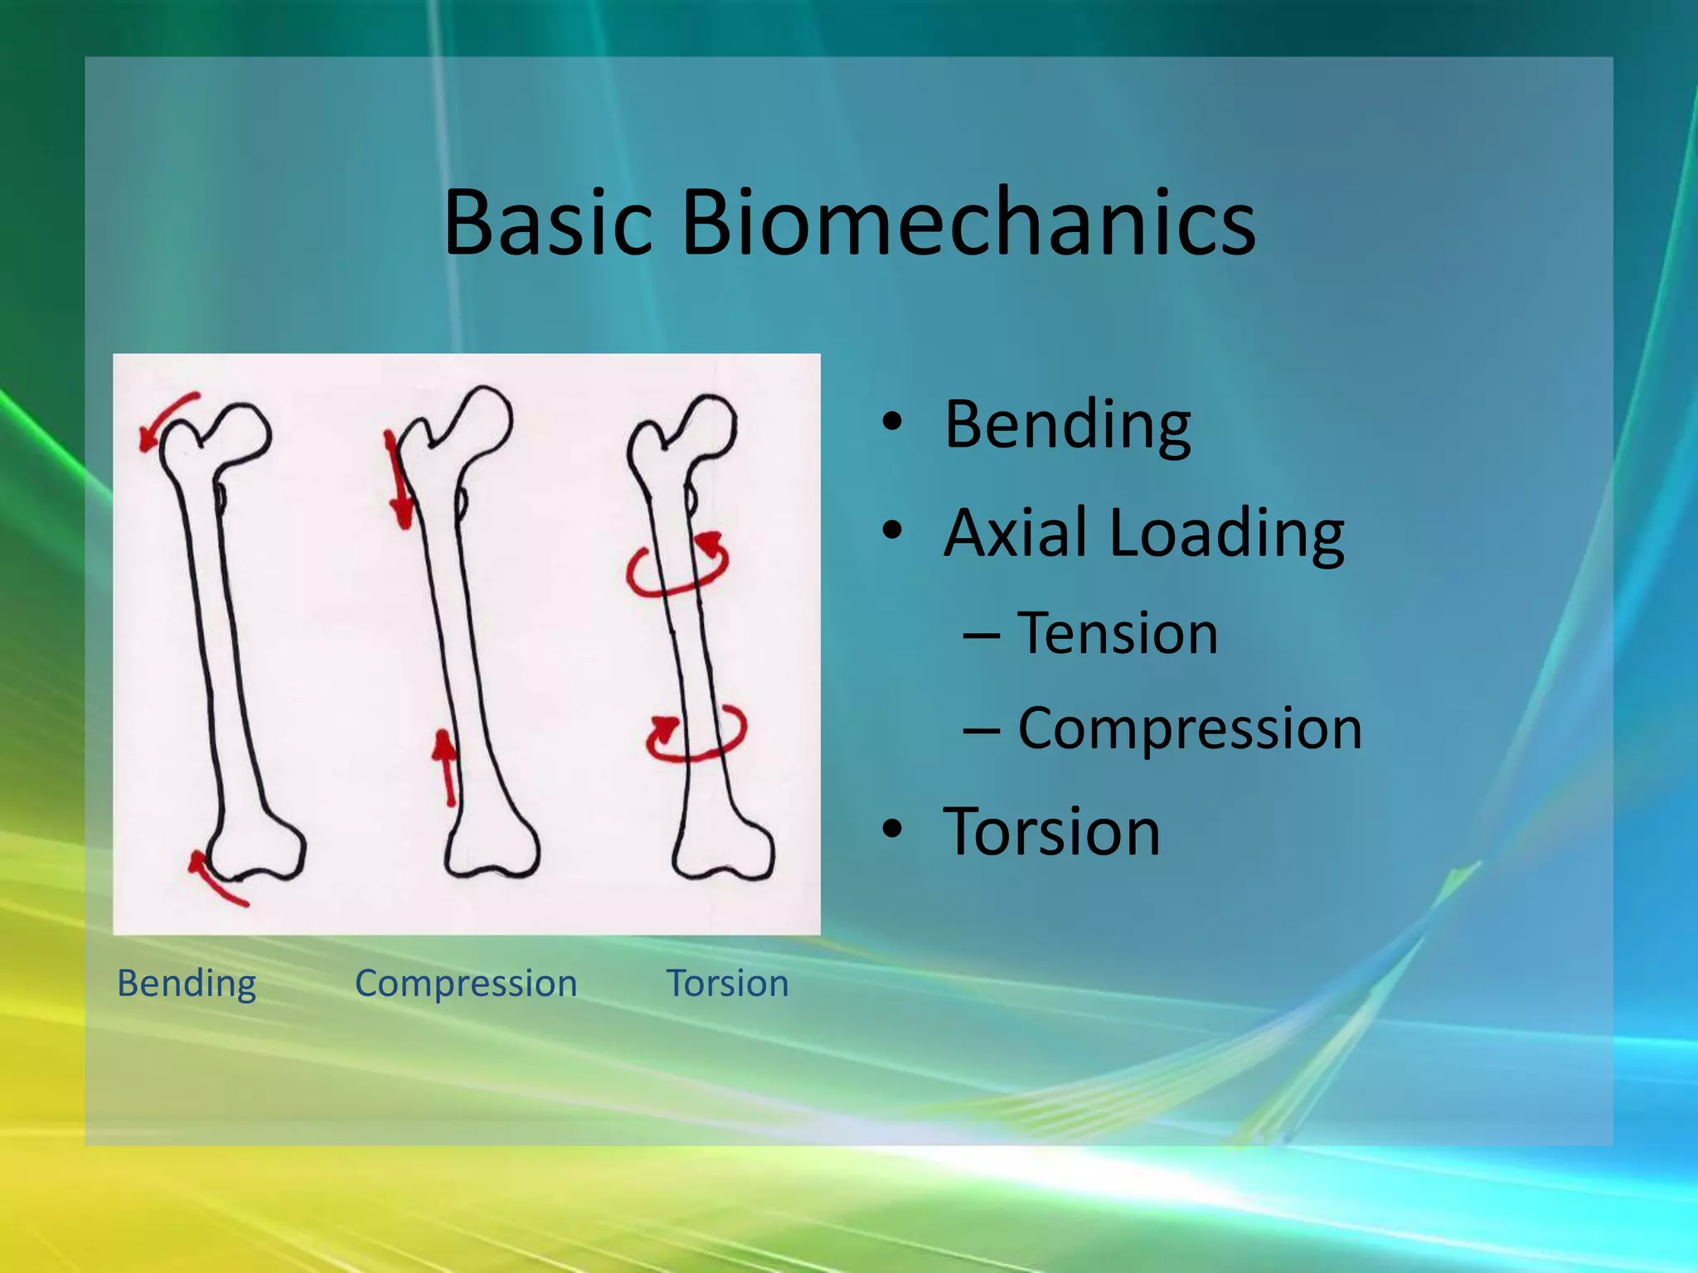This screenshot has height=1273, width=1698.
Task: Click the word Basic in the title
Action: (548, 222)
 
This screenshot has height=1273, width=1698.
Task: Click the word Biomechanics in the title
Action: (968, 222)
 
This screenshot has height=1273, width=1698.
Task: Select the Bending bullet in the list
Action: (1067, 424)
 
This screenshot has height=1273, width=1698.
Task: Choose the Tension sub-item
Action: (1117, 634)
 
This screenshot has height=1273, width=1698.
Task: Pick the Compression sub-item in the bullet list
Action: (1189, 728)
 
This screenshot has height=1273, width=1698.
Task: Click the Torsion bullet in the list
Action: (1051, 831)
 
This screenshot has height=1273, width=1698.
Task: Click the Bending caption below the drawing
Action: (187, 984)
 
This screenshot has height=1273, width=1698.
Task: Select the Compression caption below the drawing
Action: (466, 984)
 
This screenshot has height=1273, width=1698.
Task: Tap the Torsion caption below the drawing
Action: (727, 984)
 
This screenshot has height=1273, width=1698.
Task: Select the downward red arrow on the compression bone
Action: (398, 482)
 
